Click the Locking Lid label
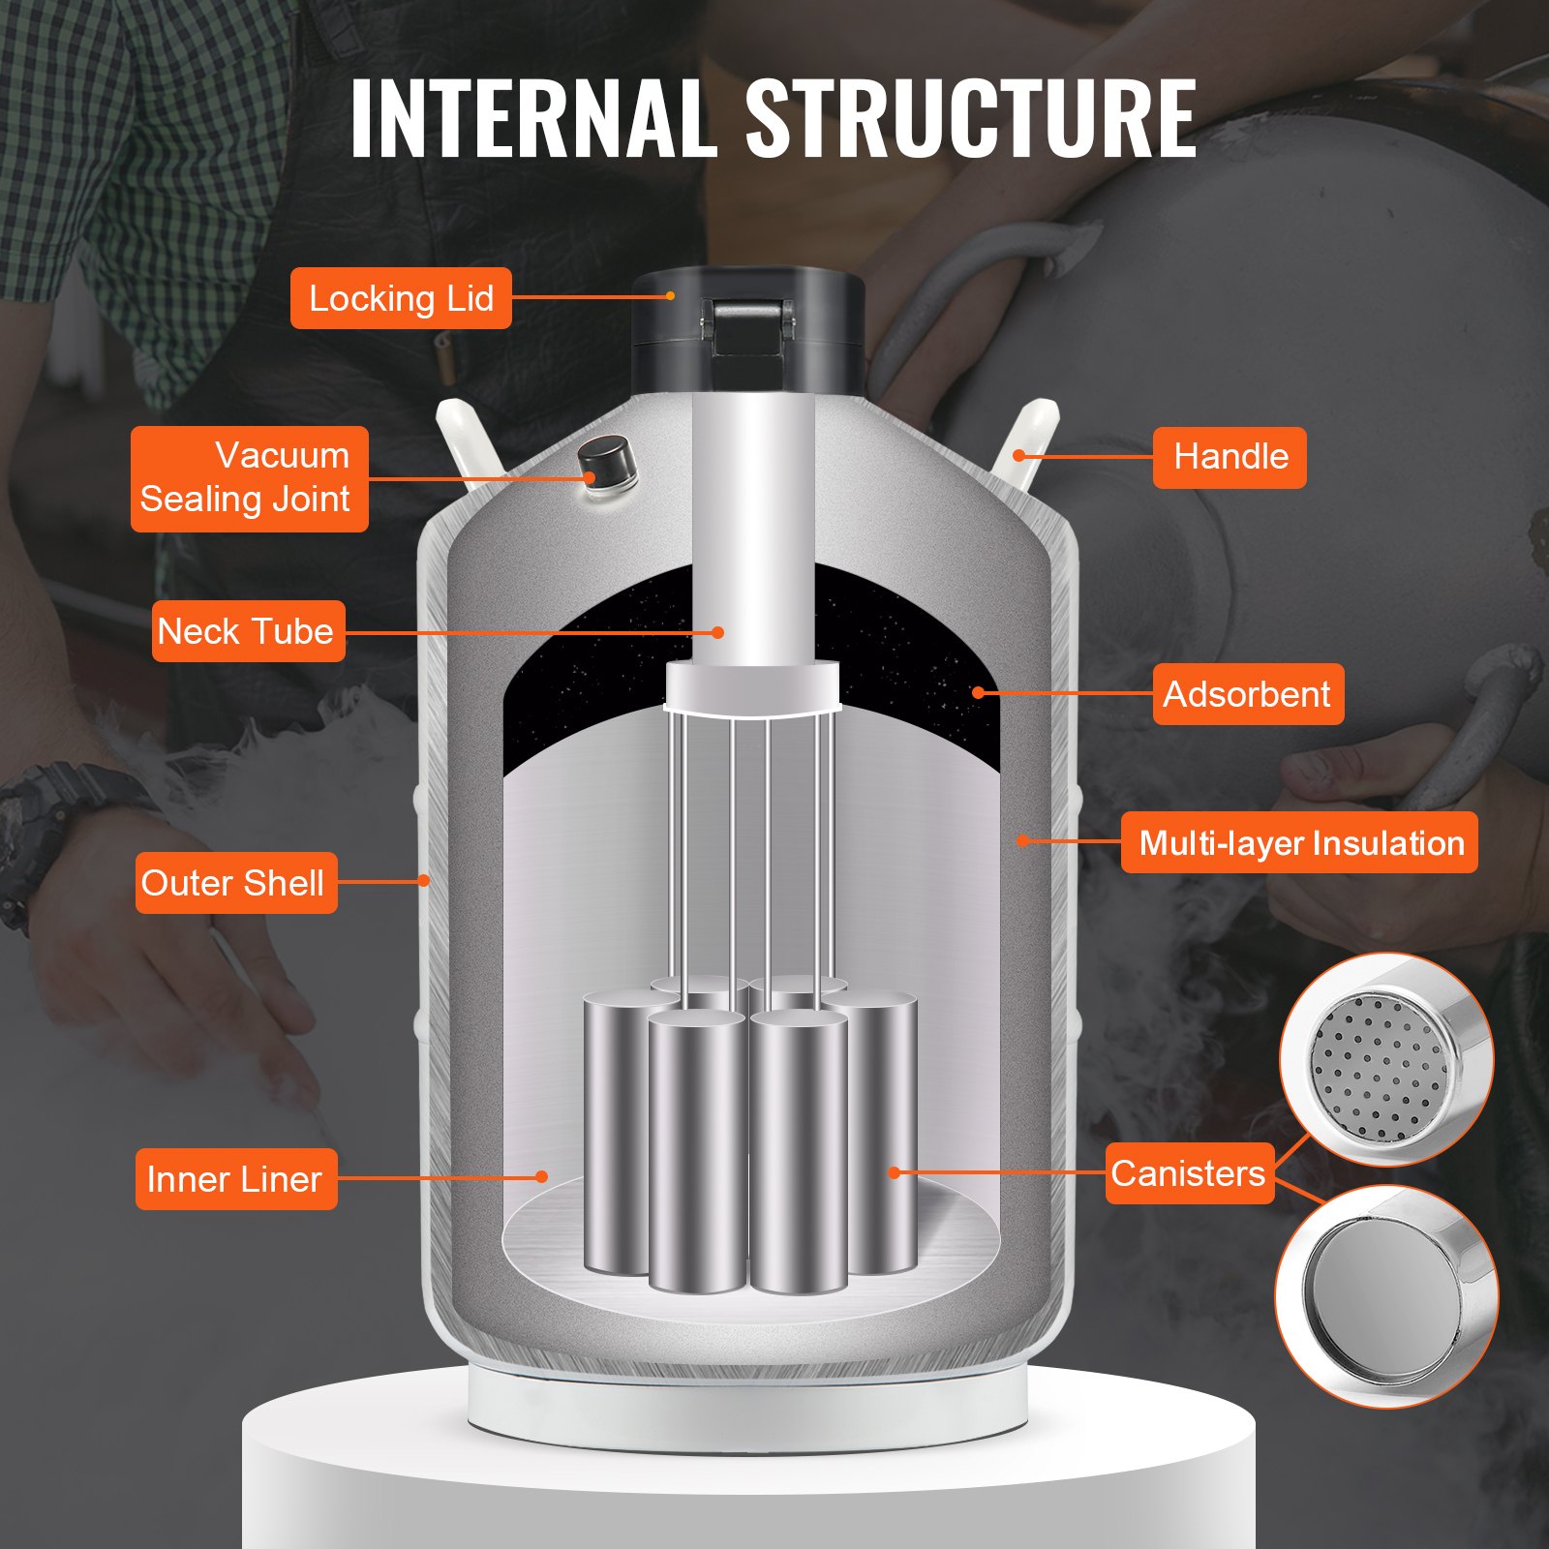[401, 298]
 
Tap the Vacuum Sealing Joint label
[249, 478]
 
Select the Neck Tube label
[248, 631]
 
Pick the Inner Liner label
[235, 1179]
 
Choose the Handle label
[1230, 457]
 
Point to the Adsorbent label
[1248, 694]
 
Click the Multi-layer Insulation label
[1299, 842]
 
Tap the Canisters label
[1189, 1173]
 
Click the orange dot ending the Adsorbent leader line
[979, 692]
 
